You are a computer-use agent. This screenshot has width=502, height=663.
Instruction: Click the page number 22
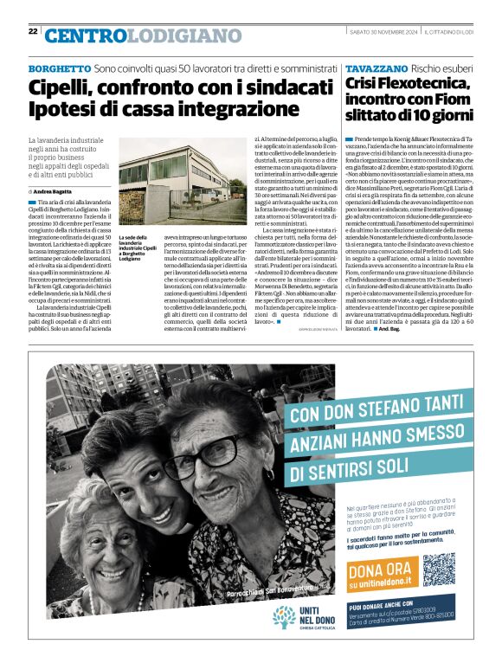(x=33, y=31)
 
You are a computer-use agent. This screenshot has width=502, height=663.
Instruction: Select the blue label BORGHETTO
(x=60, y=68)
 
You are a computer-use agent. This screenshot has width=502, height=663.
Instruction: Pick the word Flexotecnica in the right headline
(x=422, y=84)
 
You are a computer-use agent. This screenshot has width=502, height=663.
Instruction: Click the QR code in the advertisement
(x=439, y=569)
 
